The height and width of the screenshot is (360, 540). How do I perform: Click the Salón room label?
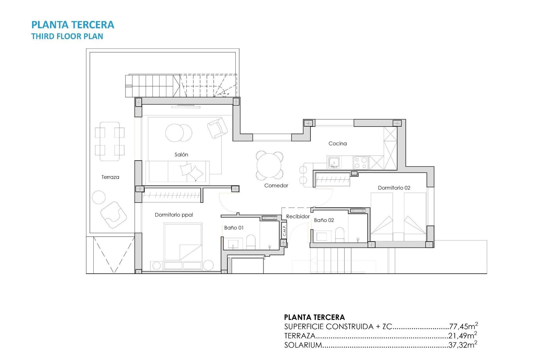[x=181, y=155]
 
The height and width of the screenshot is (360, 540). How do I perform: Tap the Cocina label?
[x=337, y=143]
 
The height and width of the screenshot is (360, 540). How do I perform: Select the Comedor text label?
[x=276, y=186]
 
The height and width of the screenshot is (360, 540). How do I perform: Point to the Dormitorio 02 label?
[x=394, y=188]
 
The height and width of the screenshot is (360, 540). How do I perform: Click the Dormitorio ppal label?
[x=174, y=215]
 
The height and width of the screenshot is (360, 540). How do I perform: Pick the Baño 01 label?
[x=234, y=228]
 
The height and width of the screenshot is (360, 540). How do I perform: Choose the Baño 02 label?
[x=324, y=220]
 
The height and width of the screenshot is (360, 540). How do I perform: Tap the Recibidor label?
[x=298, y=217]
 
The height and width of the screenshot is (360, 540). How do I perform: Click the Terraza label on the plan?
[x=110, y=177]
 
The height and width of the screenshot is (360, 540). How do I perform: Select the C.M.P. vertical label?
[x=284, y=230]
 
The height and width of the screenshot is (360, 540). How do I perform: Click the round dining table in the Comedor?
[x=269, y=165]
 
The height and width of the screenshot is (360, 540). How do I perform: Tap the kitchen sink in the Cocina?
[x=334, y=163]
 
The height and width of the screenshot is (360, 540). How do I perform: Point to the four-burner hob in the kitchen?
[x=361, y=163]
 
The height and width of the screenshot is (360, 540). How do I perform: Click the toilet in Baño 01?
[x=251, y=242]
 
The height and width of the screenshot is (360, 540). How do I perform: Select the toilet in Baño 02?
[x=340, y=235]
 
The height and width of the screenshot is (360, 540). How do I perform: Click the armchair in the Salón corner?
[x=217, y=128]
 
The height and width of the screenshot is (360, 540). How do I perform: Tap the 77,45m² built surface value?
[x=463, y=326]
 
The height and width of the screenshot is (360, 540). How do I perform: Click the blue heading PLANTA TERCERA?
[x=73, y=25]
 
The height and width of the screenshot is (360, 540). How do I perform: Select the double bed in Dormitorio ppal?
[x=183, y=242]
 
